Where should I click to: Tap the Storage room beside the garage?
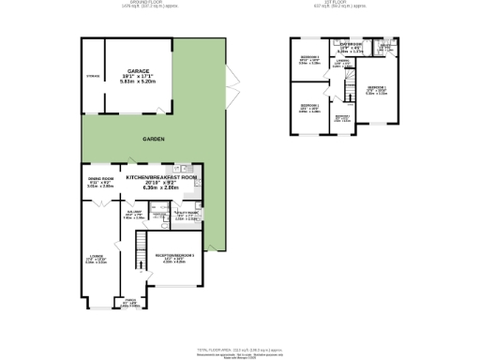(x=92, y=75)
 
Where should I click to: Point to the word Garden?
(x=154, y=139)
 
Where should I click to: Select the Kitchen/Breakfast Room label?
(x=162, y=176)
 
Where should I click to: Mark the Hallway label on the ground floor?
(x=135, y=213)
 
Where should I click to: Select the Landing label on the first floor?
(x=343, y=61)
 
